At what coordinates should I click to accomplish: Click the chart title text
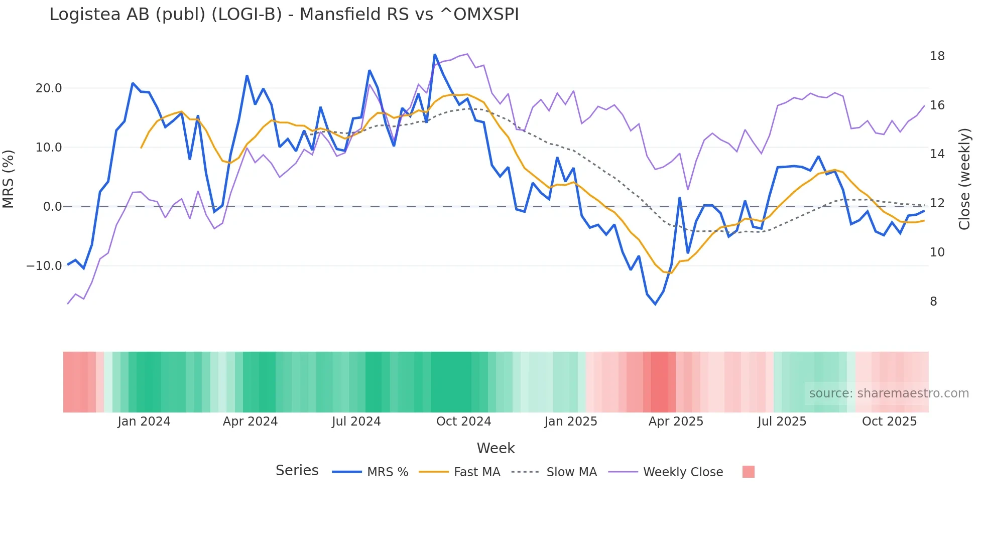tap(284, 15)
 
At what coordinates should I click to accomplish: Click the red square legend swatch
tap(748, 472)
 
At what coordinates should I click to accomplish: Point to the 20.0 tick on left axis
tap(49, 88)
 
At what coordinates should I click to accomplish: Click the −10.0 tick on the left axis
tap(44, 266)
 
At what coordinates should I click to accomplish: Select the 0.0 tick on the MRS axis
tap(52, 207)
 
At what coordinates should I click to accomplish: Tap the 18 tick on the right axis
tap(937, 56)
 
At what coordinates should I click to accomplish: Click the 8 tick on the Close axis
tap(933, 302)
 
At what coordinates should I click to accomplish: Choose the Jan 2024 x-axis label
tap(144, 422)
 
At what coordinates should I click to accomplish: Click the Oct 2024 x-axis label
tap(463, 422)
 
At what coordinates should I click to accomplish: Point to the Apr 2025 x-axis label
tap(676, 422)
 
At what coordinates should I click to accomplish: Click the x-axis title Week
tap(496, 448)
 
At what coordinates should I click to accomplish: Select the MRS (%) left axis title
tap(9, 179)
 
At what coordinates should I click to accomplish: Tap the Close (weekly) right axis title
tap(964, 179)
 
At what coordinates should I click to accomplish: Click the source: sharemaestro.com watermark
tap(889, 393)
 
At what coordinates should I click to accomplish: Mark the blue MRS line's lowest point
tap(655, 304)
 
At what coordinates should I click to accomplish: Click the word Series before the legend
tap(297, 471)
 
